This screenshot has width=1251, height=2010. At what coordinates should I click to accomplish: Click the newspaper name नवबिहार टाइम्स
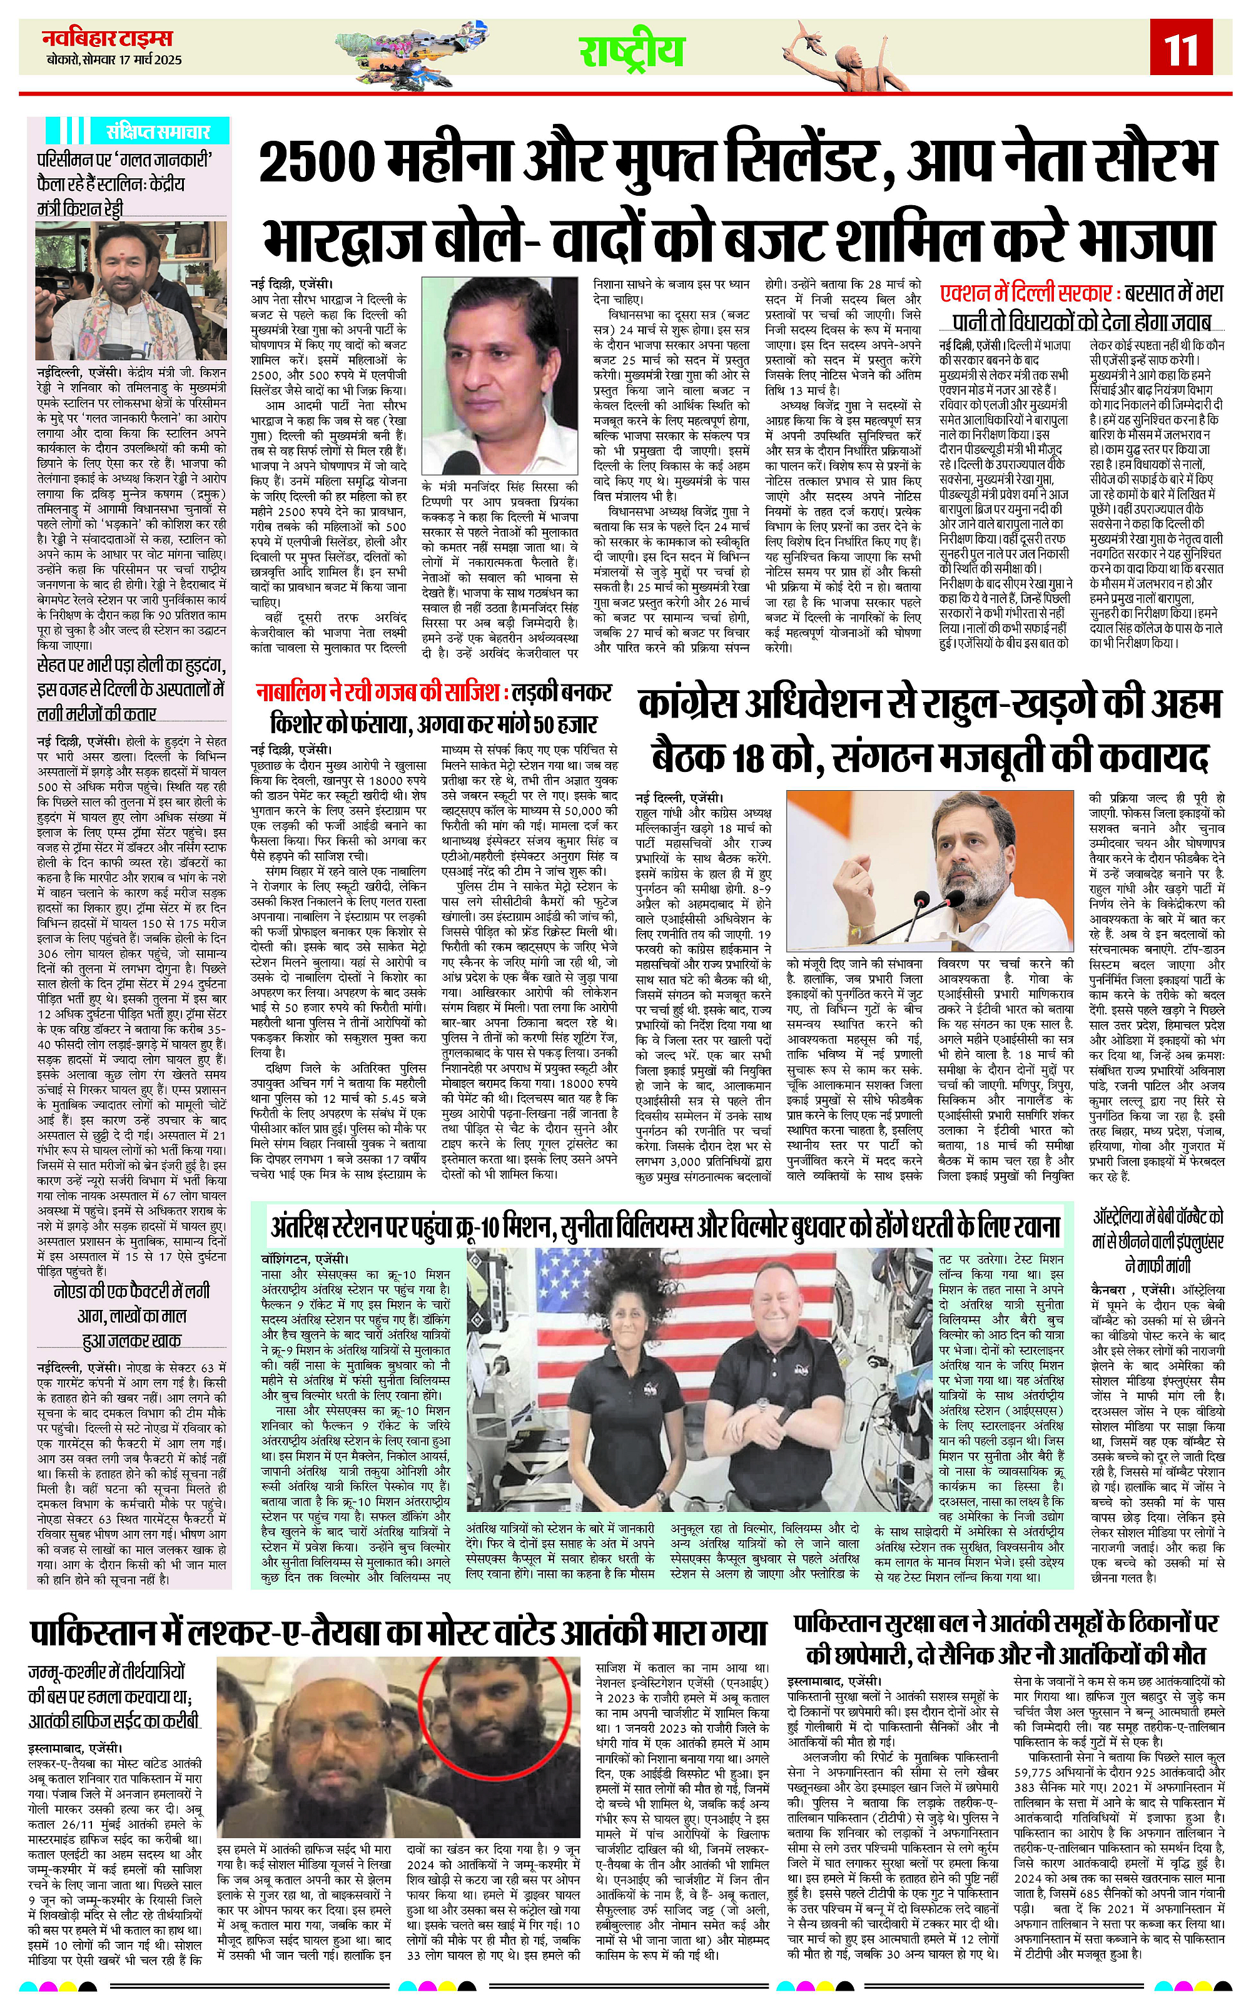pos(108,39)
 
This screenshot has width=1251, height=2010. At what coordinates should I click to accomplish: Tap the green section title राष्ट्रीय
pos(631,52)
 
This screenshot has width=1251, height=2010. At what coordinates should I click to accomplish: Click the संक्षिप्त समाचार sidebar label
pos(157,131)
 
